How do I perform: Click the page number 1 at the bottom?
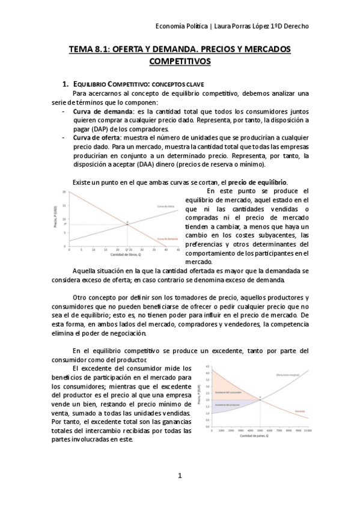click(x=180, y=476)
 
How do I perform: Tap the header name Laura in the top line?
click(x=235, y=26)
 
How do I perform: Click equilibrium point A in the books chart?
click(x=127, y=222)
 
